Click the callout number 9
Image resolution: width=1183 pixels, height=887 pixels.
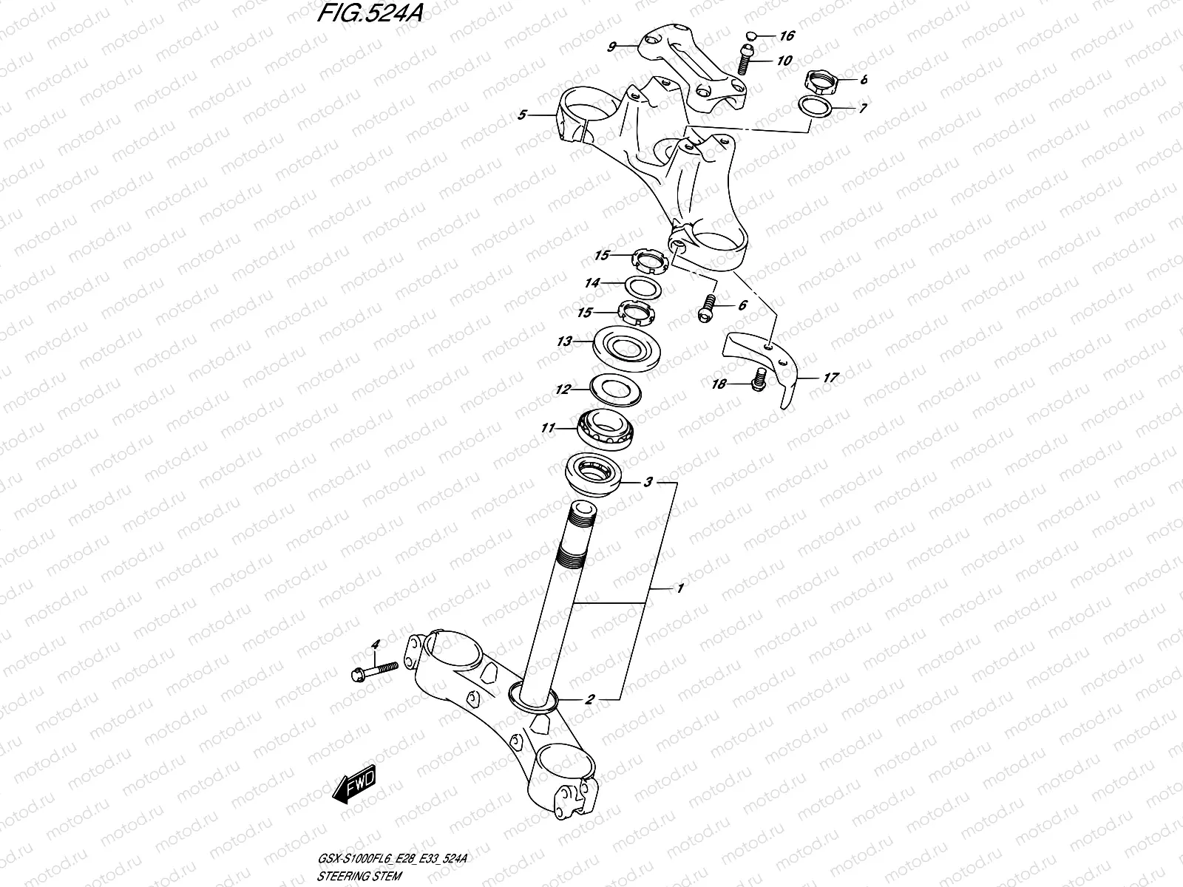pyautogui.click(x=611, y=47)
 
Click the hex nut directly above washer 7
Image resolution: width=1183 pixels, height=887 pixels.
pyautogui.click(x=820, y=79)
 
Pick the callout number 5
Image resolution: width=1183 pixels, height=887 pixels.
pyautogui.click(x=522, y=115)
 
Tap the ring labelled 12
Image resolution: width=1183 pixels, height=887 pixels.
pyautogui.click(x=615, y=389)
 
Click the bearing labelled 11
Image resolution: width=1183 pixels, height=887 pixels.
pyautogui.click(x=606, y=429)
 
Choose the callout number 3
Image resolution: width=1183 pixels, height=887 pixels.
pyautogui.click(x=648, y=483)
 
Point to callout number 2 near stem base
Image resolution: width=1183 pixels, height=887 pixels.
pyautogui.click(x=589, y=698)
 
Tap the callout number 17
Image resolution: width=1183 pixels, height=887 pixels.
pyautogui.click(x=830, y=378)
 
